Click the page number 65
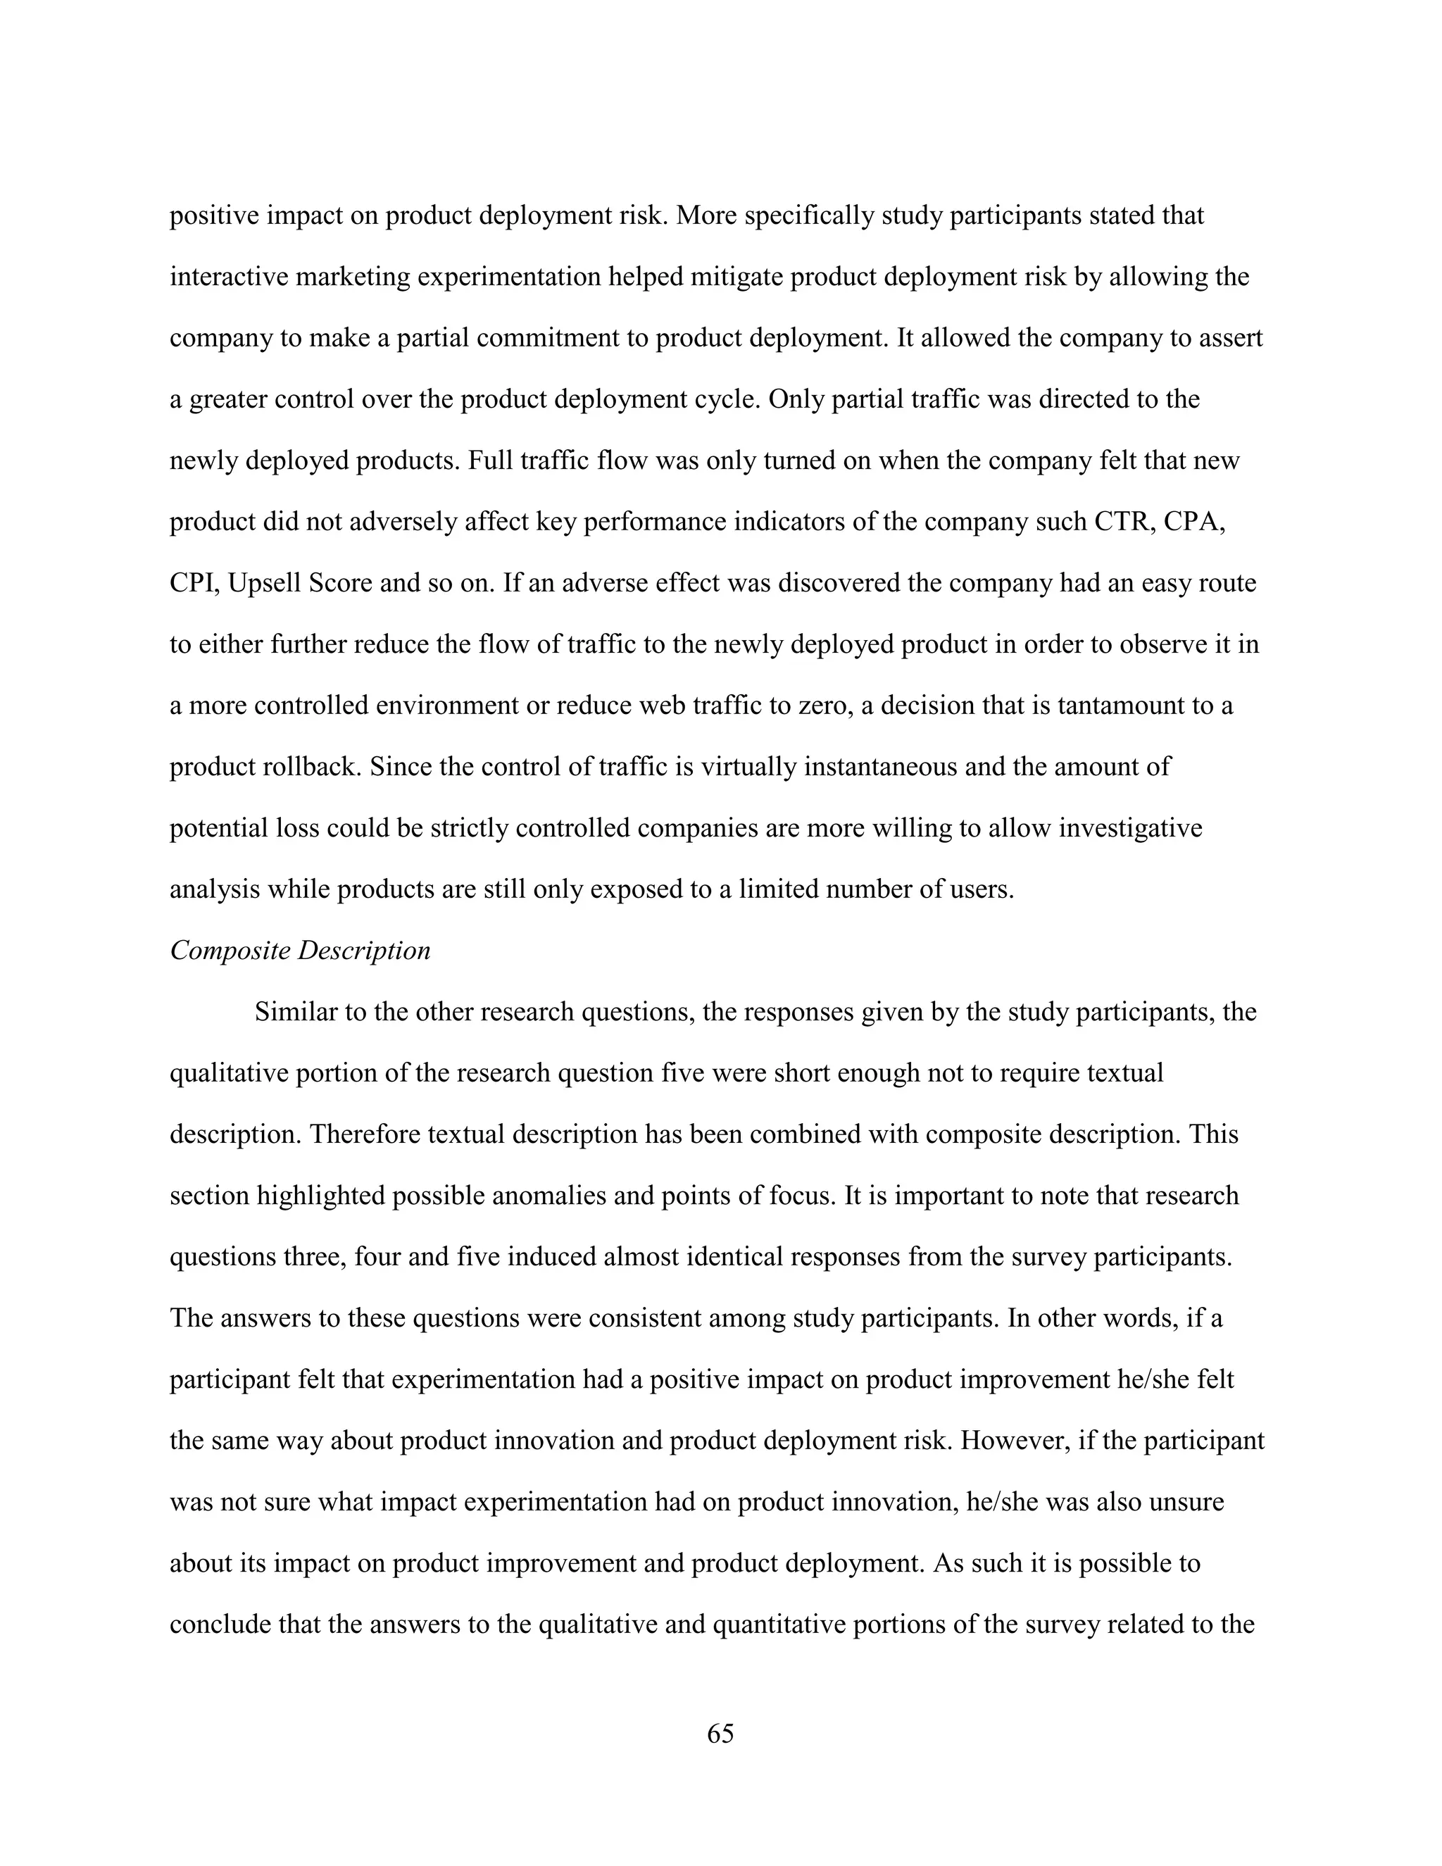click(720, 1733)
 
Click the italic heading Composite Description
click(300, 950)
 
